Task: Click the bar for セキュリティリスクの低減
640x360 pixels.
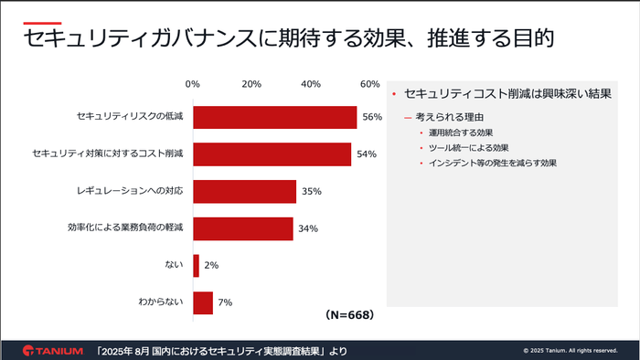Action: pyautogui.click(x=274, y=117)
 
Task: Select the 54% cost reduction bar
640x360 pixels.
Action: pyautogui.click(x=272, y=154)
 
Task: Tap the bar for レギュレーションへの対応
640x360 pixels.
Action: pyautogui.click(x=244, y=191)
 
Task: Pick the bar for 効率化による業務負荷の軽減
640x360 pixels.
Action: pyautogui.click(x=242, y=228)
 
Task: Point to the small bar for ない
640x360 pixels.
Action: pyautogui.click(x=196, y=265)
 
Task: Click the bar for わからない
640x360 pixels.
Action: pyautogui.click(x=203, y=302)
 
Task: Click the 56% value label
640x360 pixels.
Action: pyautogui.click(x=371, y=117)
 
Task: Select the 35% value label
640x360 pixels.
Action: pyautogui.click(x=310, y=192)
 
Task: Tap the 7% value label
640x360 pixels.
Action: pyautogui.click(x=224, y=302)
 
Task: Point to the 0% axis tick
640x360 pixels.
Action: pyautogui.click(x=192, y=84)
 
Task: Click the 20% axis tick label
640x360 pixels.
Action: pyautogui.click(x=251, y=84)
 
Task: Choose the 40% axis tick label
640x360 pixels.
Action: pyautogui.click(x=311, y=84)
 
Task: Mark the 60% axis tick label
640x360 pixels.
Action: pyautogui.click(x=369, y=84)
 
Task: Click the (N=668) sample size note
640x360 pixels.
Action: pyautogui.click(x=349, y=313)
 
